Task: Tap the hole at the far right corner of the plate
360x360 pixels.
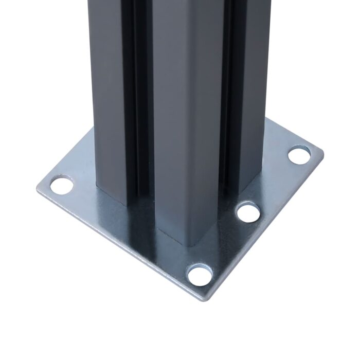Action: (299, 154)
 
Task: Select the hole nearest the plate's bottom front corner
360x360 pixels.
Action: (200, 275)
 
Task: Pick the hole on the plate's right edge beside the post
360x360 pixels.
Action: (248, 211)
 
